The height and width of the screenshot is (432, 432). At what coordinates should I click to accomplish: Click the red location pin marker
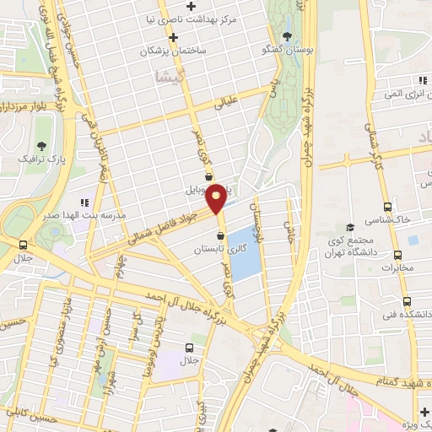tap(216, 197)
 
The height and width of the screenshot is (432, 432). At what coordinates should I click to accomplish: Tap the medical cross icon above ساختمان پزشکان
tap(173, 38)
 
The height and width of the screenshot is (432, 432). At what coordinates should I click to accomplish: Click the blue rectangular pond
tap(246, 252)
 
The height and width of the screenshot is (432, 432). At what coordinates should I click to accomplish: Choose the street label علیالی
tap(229, 105)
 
